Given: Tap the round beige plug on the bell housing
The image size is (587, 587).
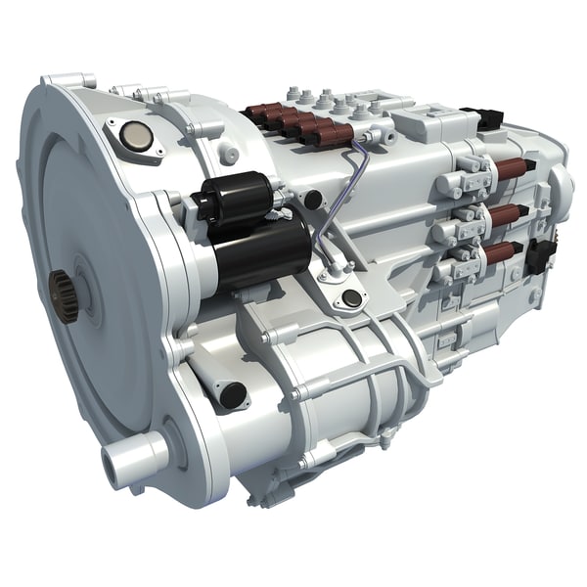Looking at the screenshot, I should (x=138, y=137).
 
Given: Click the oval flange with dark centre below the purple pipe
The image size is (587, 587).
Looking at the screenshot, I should (x=349, y=299).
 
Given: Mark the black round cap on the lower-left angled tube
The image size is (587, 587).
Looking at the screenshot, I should (x=232, y=394).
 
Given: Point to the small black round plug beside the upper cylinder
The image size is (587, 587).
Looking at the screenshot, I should (x=312, y=201).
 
